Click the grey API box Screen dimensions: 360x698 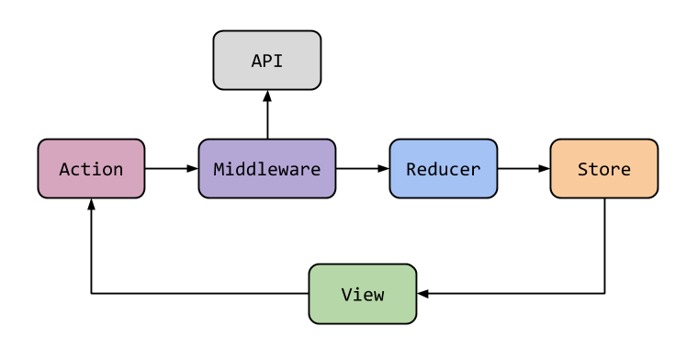[x=266, y=61]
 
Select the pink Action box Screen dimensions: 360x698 [x=91, y=169]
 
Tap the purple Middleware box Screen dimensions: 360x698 [x=266, y=169]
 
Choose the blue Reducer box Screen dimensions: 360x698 [x=443, y=169]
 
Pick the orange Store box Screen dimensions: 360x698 [x=603, y=169]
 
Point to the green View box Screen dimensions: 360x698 [x=362, y=294]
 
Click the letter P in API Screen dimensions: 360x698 [x=267, y=62]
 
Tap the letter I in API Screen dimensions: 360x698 [x=278, y=62]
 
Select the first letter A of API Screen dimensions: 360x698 [x=256, y=62]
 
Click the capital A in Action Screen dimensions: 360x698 [x=64, y=169]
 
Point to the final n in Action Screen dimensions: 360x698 [x=118, y=169]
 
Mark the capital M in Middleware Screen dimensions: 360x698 [x=219, y=169]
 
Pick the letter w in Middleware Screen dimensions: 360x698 [x=283, y=169]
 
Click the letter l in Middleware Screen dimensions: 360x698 [x=262, y=169]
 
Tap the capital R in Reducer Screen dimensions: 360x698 [x=411, y=169]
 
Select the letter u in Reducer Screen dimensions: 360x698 [x=444, y=169]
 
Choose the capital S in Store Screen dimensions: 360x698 [x=582, y=169]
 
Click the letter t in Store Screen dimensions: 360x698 [x=593, y=169]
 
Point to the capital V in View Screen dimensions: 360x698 [x=346, y=295]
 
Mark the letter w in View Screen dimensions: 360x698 [x=378, y=295]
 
